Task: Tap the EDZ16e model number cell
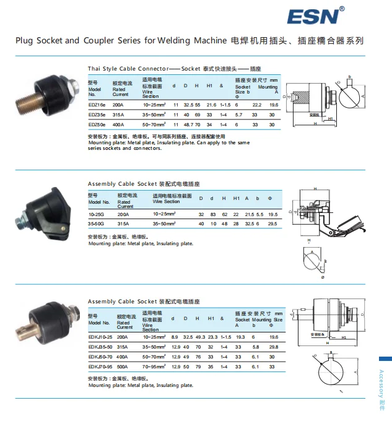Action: click(97, 105)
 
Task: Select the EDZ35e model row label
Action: click(97, 115)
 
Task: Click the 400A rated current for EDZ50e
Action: click(118, 124)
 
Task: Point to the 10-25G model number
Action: click(96, 214)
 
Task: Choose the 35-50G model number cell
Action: click(97, 223)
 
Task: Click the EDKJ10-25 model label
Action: click(100, 337)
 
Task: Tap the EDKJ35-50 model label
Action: click(100, 347)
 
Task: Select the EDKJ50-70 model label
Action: click(100, 357)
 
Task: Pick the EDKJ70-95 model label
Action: click(100, 367)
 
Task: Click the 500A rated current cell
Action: click(122, 367)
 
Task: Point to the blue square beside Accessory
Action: click(385, 359)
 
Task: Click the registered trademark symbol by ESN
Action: click(342, 9)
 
